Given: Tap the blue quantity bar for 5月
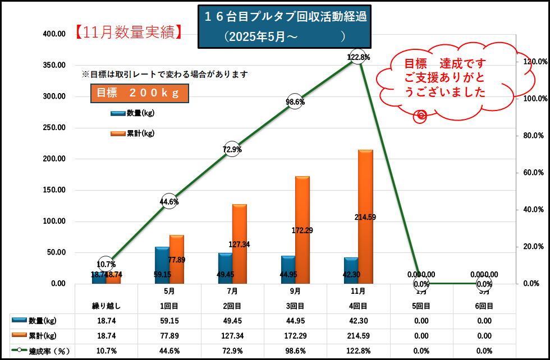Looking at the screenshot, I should click(162, 265).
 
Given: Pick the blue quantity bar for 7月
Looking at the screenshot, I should click(225, 267).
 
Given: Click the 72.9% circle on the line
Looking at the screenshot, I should click(232, 149).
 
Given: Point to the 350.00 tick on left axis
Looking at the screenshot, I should click(54, 65).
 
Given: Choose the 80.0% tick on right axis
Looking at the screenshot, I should click(533, 135).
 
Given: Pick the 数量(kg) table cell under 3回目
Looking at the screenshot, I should click(295, 321).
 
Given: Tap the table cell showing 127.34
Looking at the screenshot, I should click(232, 336).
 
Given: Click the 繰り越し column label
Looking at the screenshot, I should click(107, 306).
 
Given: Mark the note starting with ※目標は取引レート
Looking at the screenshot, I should click(165, 74).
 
